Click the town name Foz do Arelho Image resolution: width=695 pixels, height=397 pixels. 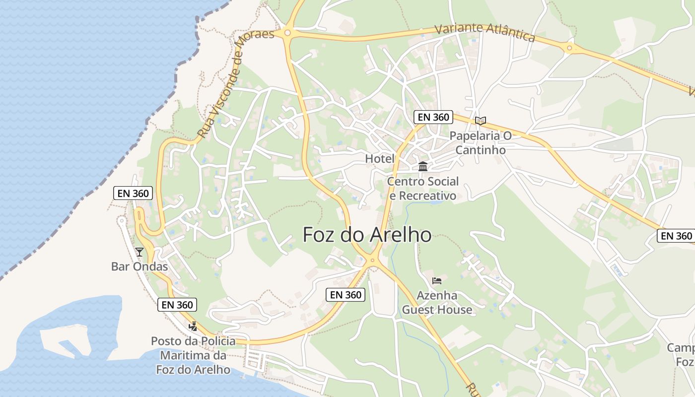point(367,235)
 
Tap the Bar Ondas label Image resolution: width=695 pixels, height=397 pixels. point(139,266)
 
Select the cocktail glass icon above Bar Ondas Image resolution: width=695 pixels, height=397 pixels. point(139,252)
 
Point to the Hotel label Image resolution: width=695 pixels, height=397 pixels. point(380,159)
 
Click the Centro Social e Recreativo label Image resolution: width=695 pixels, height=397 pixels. point(422,189)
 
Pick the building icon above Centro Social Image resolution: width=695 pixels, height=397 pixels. point(423,166)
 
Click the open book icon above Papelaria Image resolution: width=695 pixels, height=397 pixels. point(480,121)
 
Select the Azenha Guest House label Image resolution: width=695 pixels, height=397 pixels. point(437,303)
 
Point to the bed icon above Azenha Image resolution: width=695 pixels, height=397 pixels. point(437,281)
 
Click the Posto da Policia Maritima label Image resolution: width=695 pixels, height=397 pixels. point(193,355)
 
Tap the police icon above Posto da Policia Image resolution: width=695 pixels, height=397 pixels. point(193,326)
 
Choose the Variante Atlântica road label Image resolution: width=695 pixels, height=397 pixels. point(485,33)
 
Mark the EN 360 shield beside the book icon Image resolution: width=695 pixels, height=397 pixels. point(433,117)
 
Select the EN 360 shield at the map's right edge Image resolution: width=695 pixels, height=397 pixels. point(676,236)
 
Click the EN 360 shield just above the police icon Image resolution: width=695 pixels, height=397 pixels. point(177,305)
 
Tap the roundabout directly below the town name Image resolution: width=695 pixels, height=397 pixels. point(372,260)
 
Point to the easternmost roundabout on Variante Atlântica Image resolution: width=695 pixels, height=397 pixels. point(569,48)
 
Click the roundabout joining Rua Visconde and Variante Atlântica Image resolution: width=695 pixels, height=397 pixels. point(287,33)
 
